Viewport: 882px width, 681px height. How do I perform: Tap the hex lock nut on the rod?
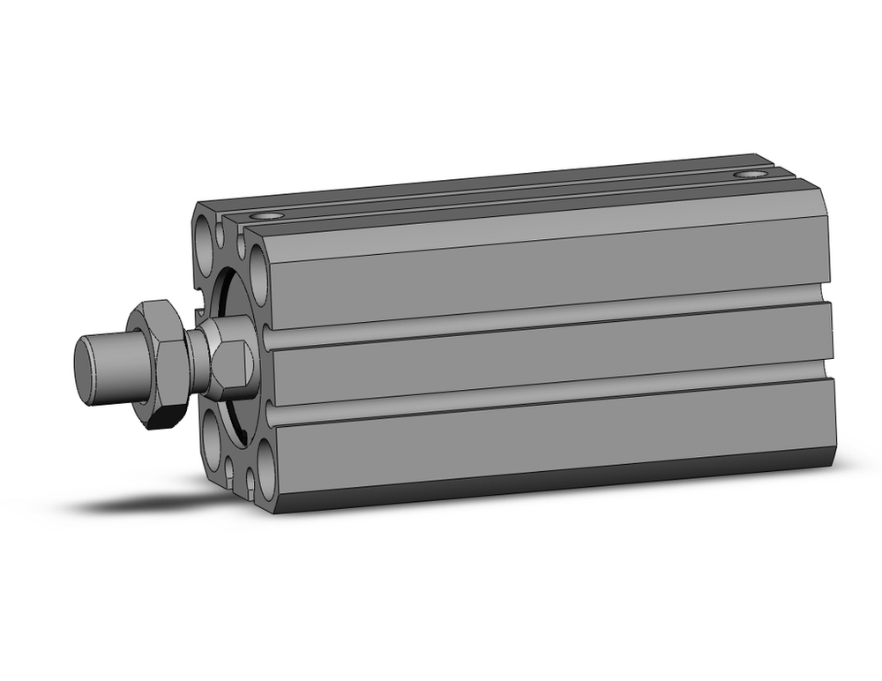[160, 363]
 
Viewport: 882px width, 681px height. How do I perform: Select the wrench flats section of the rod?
[231, 357]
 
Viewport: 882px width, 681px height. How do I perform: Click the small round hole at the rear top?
[750, 175]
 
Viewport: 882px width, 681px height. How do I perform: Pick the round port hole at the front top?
[267, 215]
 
